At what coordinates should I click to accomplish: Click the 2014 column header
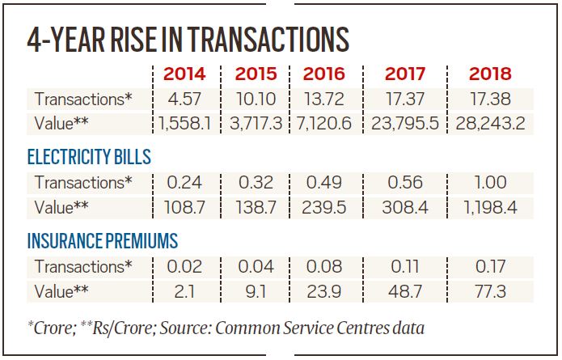(184, 74)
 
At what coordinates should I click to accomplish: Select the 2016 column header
(323, 74)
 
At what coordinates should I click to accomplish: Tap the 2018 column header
(490, 74)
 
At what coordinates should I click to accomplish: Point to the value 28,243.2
(490, 124)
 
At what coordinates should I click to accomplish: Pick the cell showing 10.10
(256, 99)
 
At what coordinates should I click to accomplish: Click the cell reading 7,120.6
(324, 124)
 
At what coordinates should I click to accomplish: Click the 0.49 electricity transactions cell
(324, 182)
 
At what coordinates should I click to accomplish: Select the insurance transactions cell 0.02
(184, 267)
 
